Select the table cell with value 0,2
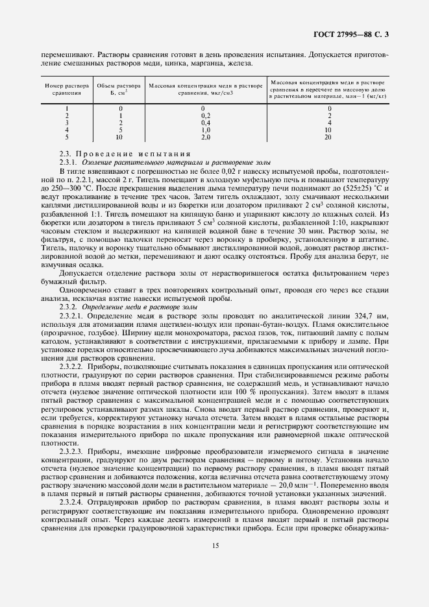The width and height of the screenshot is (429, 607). point(205,115)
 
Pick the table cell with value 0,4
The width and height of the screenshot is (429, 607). point(205,122)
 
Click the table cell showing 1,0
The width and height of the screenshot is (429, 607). point(205,130)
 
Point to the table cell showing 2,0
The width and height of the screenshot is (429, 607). point(205,137)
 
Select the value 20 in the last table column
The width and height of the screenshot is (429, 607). point(328,137)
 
